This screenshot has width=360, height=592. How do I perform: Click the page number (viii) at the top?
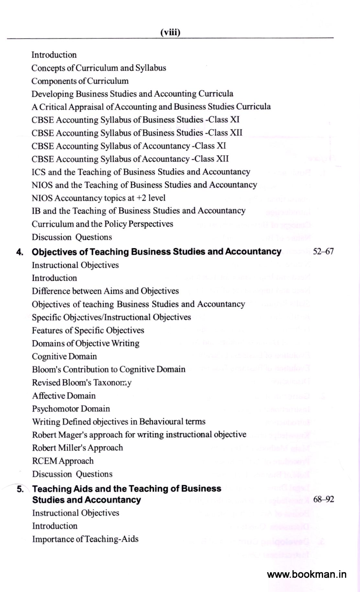tap(170, 32)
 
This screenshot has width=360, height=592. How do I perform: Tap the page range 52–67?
tap(323, 252)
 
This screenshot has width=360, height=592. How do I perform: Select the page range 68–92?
tap(323, 499)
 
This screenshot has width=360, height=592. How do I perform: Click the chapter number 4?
tap(20, 252)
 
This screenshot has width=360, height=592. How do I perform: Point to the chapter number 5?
tap(20, 489)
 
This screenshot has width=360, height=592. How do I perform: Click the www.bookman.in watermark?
tap(307, 574)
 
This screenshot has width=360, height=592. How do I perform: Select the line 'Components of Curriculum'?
tap(80, 81)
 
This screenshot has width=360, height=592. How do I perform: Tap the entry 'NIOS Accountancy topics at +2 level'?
tap(98, 198)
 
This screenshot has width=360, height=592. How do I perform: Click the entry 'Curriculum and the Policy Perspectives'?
tap(102, 224)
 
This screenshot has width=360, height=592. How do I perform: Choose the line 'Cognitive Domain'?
tap(64, 357)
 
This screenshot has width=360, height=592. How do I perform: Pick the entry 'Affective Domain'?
tap(64, 396)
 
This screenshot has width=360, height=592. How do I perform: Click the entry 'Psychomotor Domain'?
tap(71, 409)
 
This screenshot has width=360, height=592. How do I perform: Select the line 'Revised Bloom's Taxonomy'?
tap(82, 383)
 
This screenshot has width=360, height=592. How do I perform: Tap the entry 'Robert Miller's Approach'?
tap(77, 448)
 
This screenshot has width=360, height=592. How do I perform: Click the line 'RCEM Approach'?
tap(63, 461)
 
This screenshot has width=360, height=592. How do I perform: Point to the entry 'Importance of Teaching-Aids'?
tap(85, 539)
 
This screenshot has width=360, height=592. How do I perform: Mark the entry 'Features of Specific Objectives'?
tap(88, 330)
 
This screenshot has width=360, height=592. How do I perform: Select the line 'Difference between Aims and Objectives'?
tap(105, 291)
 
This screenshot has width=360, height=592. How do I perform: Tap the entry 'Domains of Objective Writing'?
tap(85, 343)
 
